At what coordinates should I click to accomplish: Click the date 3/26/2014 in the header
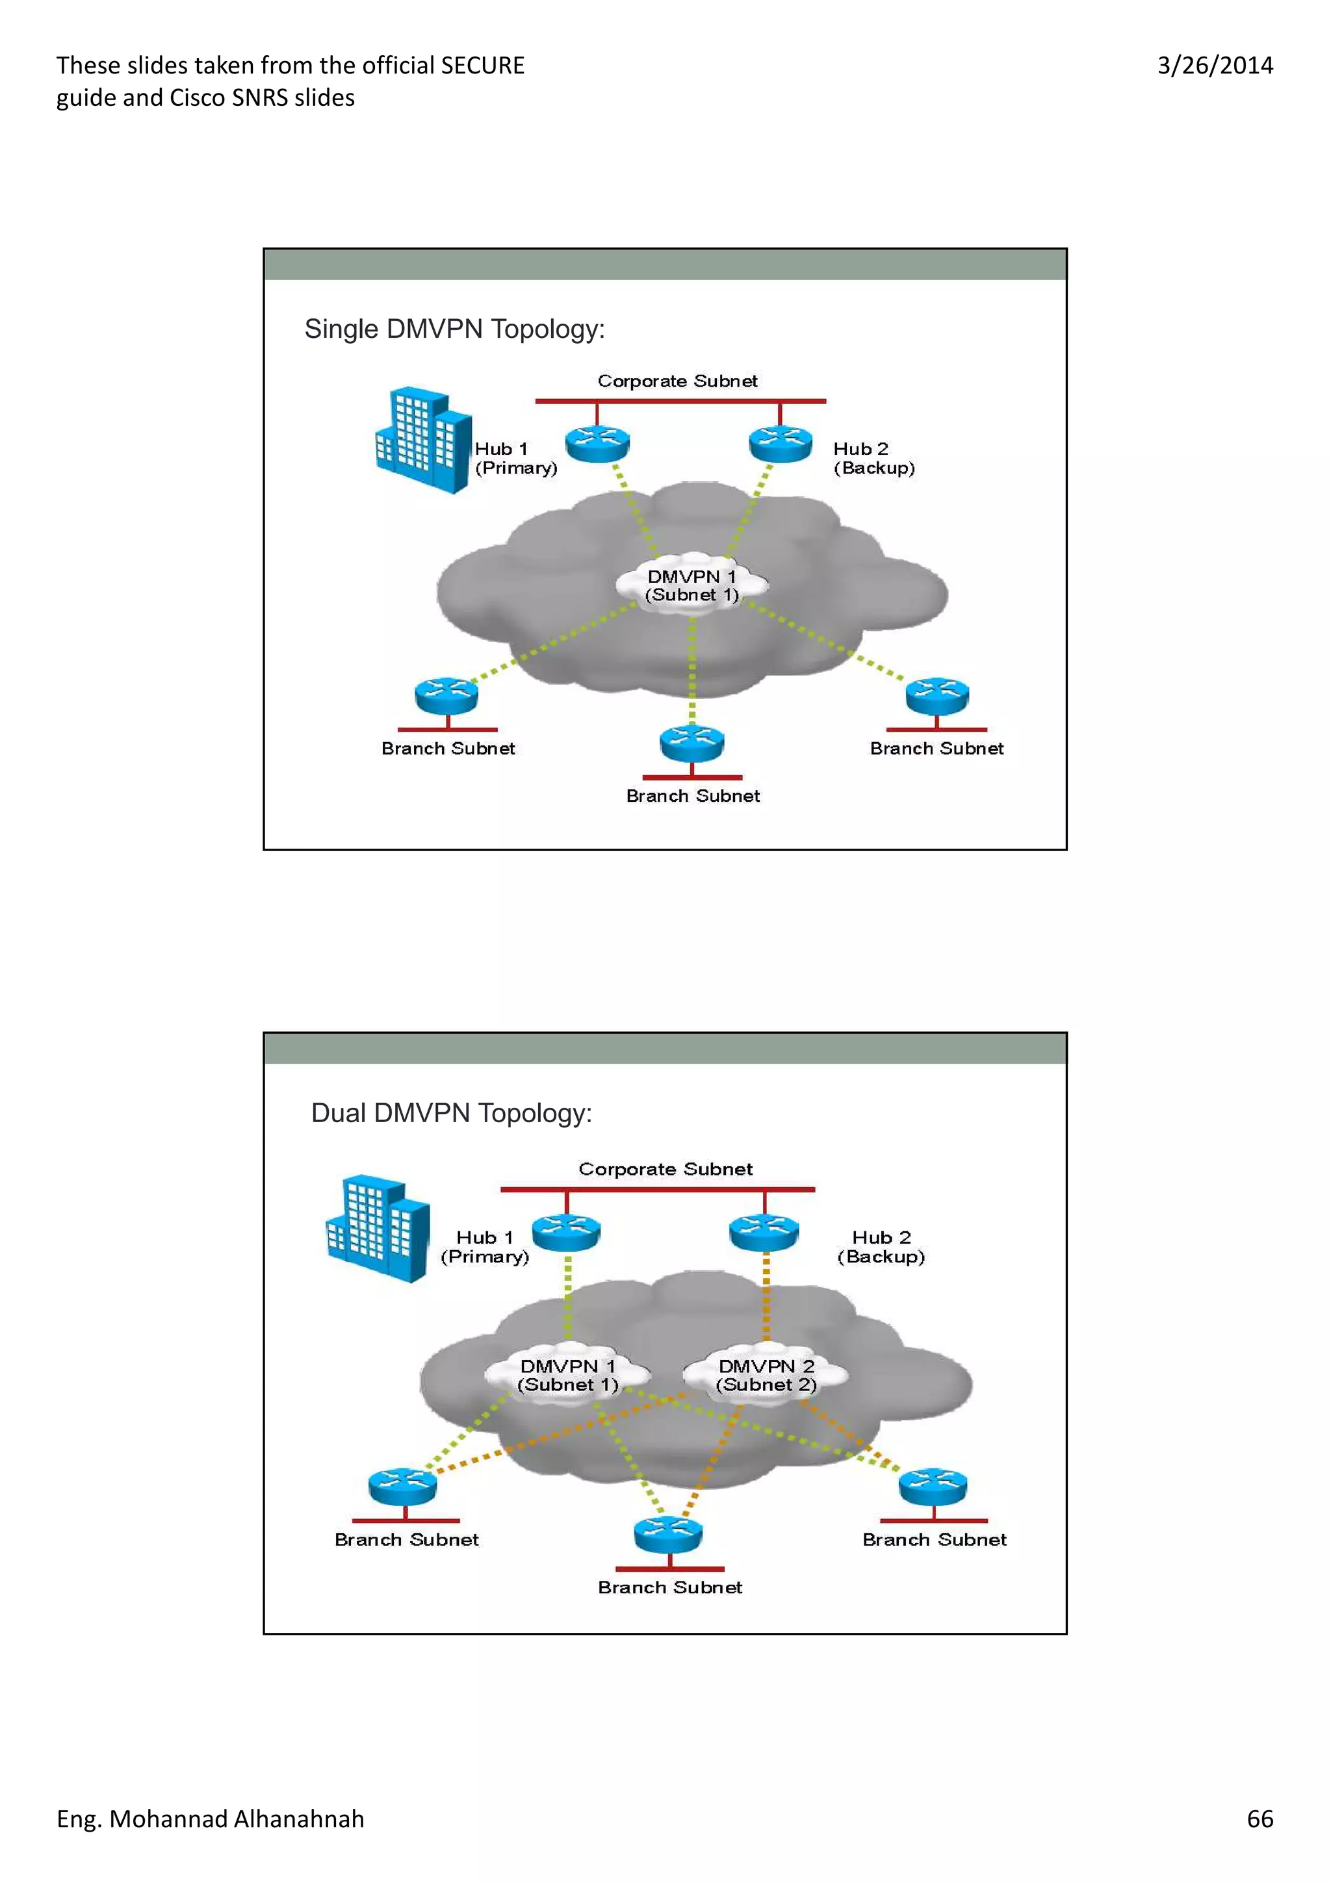pyautogui.click(x=1215, y=66)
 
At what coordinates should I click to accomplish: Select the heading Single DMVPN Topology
pyautogui.click(x=454, y=329)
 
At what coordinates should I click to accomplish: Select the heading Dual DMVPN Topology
pyautogui.click(x=451, y=1113)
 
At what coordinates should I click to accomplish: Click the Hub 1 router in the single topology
pyautogui.click(x=597, y=444)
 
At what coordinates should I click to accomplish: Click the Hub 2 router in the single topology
pyautogui.click(x=780, y=444)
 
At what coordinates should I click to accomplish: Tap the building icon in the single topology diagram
pyautogui.click(x=422, y=440)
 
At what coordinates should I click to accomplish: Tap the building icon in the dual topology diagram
pyautogui.click(x=377, y=1228)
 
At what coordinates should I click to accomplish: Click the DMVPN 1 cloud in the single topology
pyautogui.click(x=692, y=585)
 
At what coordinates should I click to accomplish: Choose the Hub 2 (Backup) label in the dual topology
pyautogui.click(x=881, y=1247)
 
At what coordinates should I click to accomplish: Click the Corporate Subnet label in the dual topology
pyautogui.click(x=665, y=1169)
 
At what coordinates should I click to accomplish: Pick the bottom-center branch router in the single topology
pyautogui.click(x=691, y=742)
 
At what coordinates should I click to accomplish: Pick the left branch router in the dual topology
pyautogui.click(x=403, y=1486)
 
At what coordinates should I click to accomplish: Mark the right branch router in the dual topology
pyautogui.click(x=933, y=1486)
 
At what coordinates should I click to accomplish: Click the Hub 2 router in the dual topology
pyautogui.click(x=764, y=1232)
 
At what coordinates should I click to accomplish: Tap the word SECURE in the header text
pyautogui.click(x=482, y=66)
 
